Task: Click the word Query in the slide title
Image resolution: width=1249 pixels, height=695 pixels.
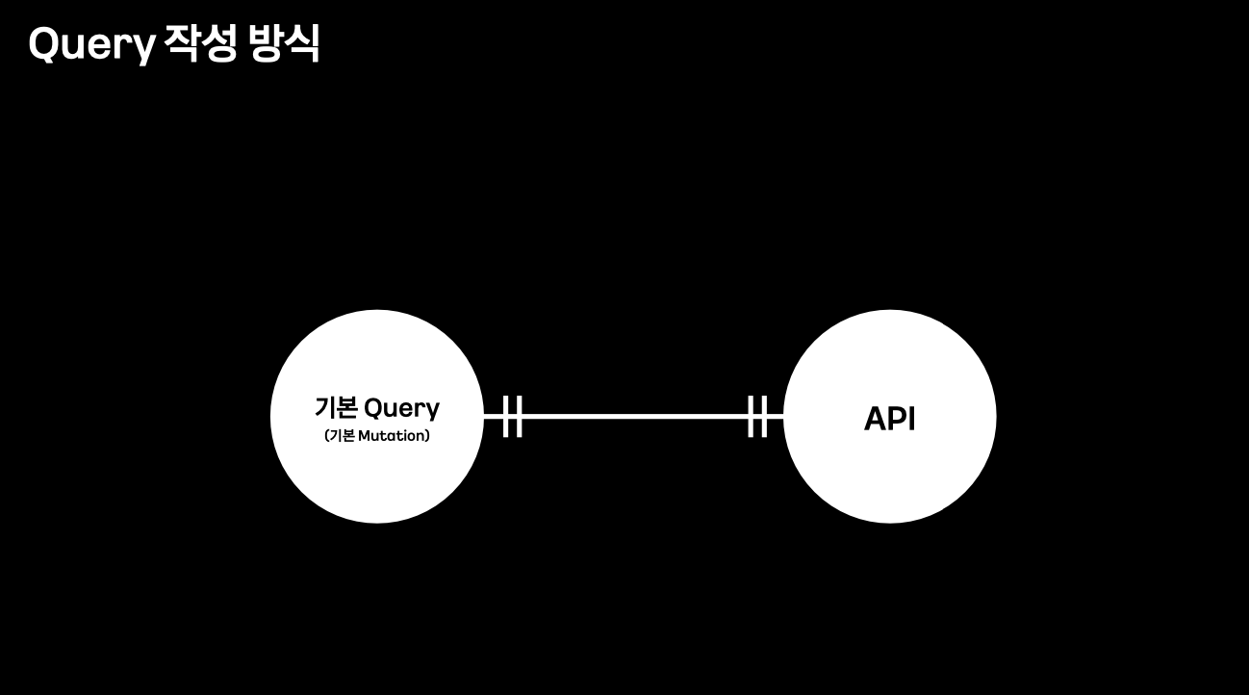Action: [x=91, y=44]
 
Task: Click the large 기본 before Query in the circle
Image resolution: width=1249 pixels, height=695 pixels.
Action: [x=336, y=407]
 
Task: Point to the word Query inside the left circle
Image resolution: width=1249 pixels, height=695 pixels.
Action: [x=401, y=408]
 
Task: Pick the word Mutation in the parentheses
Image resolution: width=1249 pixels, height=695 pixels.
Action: [x=391, y=436]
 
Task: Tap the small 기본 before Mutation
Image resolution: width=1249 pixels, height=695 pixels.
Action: [x=343, y=436]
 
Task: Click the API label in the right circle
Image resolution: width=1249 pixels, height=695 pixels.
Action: [x=889, y=419]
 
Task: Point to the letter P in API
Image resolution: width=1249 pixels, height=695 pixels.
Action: [x=897, y=419]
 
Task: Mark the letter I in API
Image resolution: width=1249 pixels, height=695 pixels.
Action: [x=911, y=419]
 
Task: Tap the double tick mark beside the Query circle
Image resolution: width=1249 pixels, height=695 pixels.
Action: [x=512, y=416]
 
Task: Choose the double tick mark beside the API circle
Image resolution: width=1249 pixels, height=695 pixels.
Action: [x=757, y=416]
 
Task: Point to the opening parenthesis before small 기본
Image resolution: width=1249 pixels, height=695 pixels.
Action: [x=327, y=436]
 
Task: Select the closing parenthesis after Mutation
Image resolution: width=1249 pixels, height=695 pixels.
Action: [x=427, y=436]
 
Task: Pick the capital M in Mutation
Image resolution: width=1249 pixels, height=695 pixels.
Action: [x=364, y=436]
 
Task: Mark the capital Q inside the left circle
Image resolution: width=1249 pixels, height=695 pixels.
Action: [x=374, y=407]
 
